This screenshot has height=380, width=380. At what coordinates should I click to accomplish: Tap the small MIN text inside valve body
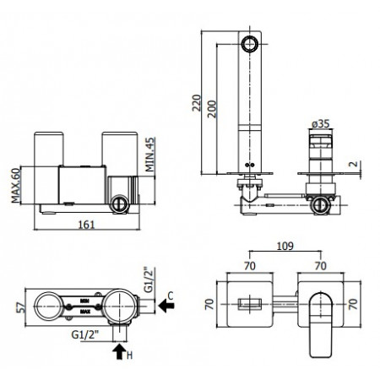click(x=84, y=299)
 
